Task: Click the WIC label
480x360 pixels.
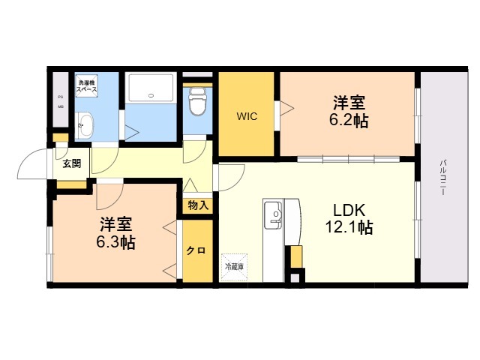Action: pos(247,116)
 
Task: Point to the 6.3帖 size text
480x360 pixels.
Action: pos(115,242)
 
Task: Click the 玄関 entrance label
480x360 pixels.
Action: pos(72,163)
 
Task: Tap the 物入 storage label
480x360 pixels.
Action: pos(198,204)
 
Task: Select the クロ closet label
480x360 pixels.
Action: pos(196,250)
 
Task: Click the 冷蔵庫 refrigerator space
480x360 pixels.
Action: pos(234,265)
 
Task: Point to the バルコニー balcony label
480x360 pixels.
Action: pos(444,177)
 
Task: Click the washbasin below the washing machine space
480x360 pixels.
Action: pos(84,124)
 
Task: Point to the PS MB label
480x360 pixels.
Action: pos(61,101)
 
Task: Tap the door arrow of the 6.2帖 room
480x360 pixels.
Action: pos(286,109)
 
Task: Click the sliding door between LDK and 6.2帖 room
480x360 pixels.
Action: pos(349,158)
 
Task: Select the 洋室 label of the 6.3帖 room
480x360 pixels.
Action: pos(115,223)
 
